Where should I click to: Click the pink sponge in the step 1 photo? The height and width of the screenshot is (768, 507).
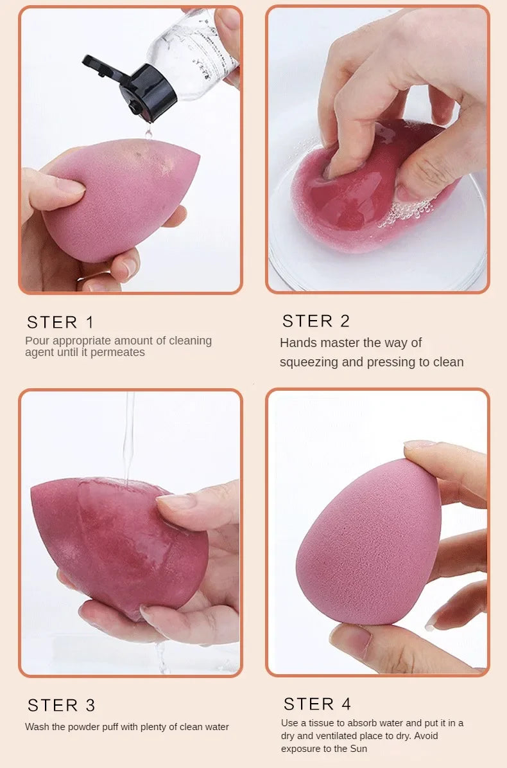tap(122, 199)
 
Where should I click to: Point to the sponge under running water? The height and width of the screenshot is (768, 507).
tap(116, 546)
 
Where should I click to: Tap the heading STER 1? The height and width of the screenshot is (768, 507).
tap(60, 322)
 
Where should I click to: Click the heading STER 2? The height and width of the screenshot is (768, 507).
tap(316, 321)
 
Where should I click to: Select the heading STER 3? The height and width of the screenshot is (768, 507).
tap(61, 705)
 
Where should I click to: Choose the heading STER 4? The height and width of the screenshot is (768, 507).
tap(317, 704)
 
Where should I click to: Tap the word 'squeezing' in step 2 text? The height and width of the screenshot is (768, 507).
tap(309, 362)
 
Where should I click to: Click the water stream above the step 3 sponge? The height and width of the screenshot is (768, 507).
tap(129, 437)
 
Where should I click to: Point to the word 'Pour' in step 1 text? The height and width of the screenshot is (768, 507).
tap(37, 341)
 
